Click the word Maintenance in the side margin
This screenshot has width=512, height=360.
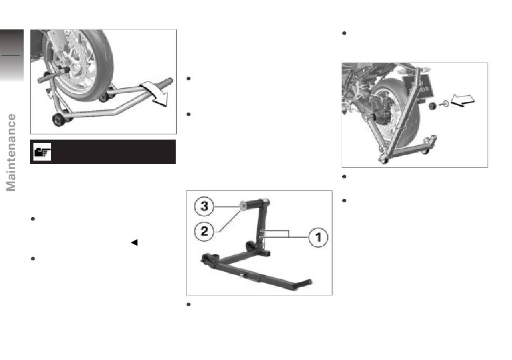11,153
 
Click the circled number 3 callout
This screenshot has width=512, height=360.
204,206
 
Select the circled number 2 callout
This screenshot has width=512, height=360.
204,231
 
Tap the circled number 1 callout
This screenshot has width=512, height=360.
319,237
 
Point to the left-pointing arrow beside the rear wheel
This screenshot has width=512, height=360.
462,100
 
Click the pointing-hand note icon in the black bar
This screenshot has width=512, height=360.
43,152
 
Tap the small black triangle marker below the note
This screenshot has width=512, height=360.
134,243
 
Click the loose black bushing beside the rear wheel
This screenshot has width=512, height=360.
433,106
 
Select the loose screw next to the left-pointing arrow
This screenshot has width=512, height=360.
444,103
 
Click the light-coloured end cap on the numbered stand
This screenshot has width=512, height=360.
243,206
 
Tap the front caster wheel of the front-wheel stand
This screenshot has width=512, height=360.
59,120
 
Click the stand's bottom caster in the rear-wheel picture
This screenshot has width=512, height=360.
384,160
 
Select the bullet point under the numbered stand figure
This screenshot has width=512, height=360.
189,304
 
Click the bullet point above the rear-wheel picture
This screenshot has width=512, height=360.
344,33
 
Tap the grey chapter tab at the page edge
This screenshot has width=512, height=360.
12,55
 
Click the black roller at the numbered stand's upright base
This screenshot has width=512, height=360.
251,246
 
